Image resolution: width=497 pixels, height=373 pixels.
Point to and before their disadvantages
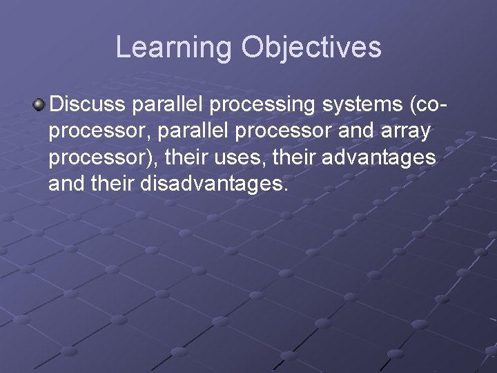(x=65, y=184)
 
